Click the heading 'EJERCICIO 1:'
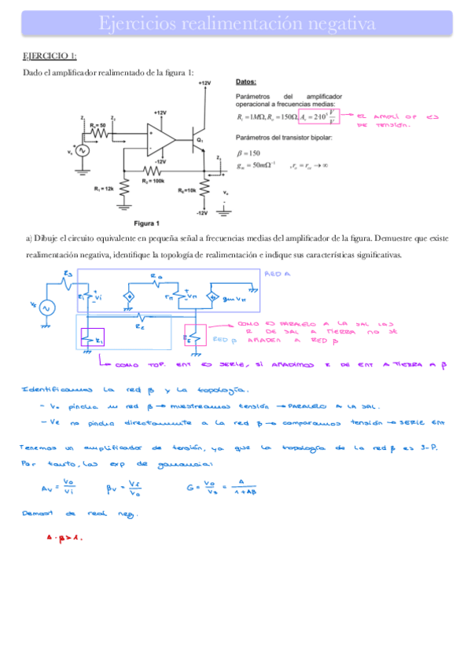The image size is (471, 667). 50,56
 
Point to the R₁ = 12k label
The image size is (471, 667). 105,189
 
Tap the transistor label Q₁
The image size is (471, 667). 201,140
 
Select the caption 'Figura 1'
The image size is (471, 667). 146,223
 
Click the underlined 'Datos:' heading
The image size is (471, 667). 247,81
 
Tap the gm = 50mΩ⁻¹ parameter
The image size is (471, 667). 255,166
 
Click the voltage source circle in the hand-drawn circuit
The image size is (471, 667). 44,308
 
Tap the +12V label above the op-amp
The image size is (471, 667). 160,112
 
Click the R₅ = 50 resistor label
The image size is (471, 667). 98,124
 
